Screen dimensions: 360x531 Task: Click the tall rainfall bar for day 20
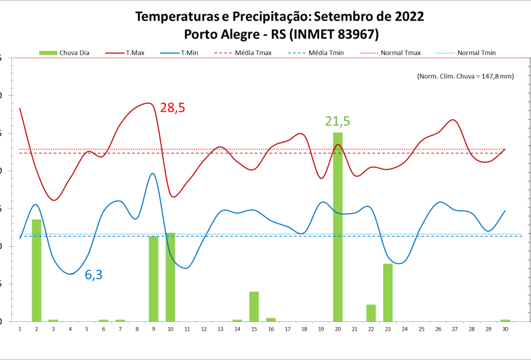tap(337, 227)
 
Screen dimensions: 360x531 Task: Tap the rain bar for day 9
tap(154, 278)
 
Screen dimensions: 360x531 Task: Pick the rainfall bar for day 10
tap(170, 277)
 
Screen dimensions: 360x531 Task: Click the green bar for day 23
tap(387, 292)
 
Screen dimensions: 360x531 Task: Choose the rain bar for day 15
tap(254, 306)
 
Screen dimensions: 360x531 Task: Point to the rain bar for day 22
tap(371, 312)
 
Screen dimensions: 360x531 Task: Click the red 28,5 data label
tap(173, 107)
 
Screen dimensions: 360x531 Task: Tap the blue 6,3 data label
tap(94, 274)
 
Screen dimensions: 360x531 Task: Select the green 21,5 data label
tap(337, 122)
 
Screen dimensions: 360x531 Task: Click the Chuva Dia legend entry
tap(65, 53)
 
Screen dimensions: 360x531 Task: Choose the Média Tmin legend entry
tap(316, 53)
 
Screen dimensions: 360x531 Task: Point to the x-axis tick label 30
tap(505, 329)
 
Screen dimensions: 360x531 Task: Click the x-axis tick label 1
tap(20, 329)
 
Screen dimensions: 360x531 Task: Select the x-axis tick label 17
tap(288, 329)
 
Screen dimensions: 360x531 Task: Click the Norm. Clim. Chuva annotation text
tap(465, 76)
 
